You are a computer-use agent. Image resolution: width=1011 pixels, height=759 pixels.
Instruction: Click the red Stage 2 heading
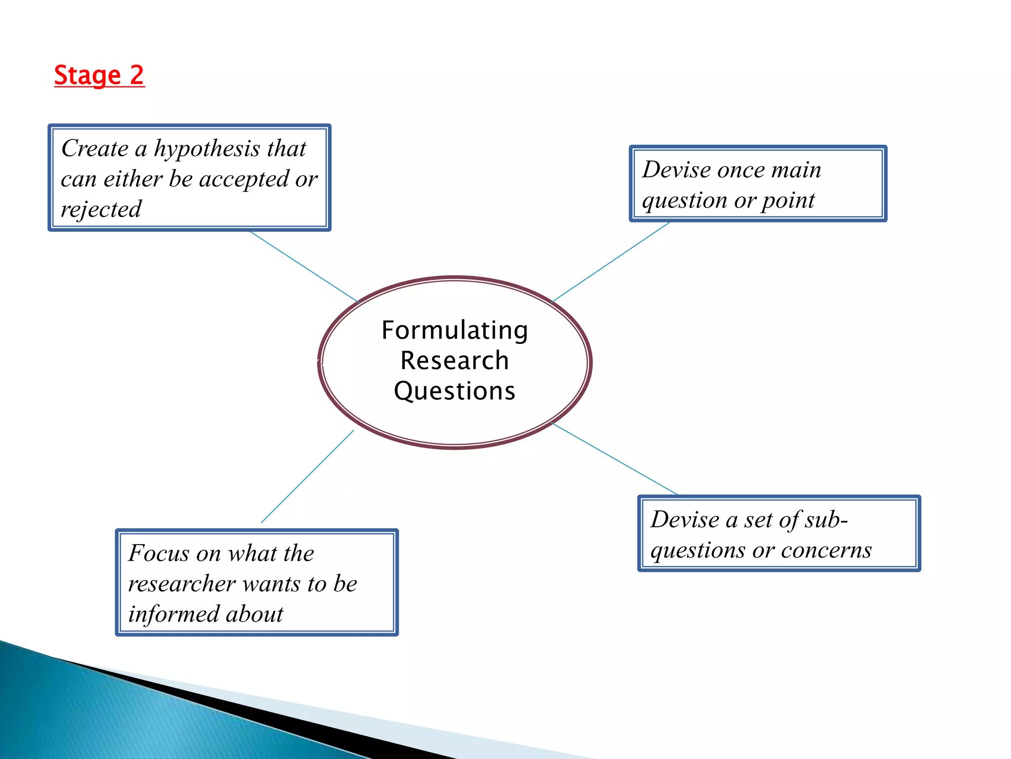(x=99, y=76)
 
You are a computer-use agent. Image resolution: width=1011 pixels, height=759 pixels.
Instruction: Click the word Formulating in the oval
(x=455, y=331)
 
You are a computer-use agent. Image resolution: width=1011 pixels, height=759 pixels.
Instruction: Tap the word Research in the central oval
(x=455, y=360)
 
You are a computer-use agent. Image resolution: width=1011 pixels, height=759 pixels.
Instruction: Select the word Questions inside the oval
(x=455, y=391)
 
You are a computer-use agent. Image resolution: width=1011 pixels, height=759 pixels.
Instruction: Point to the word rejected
(x=101, y=210)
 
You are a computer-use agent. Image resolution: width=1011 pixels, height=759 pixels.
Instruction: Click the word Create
(x=95, y=148)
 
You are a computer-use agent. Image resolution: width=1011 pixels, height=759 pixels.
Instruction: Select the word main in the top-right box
(x=796, y=170)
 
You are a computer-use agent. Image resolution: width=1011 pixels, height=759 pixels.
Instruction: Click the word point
(x=788, y=201)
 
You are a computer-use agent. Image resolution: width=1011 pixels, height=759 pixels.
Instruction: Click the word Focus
(x=158, y=553)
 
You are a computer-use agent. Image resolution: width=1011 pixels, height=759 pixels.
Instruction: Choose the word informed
(x=173, y=614)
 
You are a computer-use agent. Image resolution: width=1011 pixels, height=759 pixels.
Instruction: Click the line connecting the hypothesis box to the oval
(x=304, y=266)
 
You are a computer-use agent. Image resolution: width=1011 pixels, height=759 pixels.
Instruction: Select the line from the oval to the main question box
(x=610, y=262)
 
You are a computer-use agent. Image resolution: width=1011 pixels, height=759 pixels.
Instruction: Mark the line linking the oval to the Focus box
(x=308, y=476)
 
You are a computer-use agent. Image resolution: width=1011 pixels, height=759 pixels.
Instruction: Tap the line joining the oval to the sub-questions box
(x=614, y=459)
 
